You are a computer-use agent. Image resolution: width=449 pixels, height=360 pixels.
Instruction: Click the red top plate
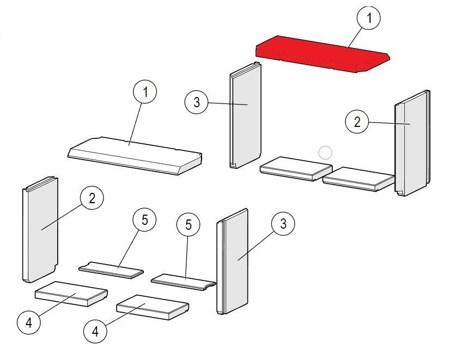(322, 54)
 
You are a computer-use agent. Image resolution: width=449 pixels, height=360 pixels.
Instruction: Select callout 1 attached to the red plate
(368, 18)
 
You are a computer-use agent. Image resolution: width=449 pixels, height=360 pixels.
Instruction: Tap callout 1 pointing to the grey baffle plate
(145, 91)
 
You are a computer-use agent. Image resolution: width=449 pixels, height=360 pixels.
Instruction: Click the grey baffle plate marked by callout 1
(135, 155)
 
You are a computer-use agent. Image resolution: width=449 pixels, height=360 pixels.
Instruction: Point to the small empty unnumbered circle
(325, 152)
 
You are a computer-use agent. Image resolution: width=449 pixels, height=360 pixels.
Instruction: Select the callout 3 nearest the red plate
(196, 102)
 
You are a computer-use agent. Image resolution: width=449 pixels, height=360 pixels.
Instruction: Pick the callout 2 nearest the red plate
(357, 121)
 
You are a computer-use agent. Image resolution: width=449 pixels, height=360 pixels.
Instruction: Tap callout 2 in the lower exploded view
(92, 198)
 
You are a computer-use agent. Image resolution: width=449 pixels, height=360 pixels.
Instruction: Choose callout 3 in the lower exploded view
(283, 223)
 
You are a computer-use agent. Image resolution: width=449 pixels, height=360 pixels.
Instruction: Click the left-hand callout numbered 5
(144, 220)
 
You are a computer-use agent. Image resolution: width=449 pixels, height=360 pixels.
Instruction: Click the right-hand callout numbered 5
(189, 224)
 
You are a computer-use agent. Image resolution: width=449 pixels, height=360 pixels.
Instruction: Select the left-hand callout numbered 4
(29, 322)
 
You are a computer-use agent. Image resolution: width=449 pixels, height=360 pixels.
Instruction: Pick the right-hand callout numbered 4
(95, 331)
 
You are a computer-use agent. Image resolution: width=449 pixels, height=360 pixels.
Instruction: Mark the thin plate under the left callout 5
(111, 270)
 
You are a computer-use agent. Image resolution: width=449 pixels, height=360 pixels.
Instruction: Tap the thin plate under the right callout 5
(183, 282)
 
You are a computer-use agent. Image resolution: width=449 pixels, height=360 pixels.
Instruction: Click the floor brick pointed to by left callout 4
(71, 294)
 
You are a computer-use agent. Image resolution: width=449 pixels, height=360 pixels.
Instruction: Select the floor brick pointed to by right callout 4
(153, 307)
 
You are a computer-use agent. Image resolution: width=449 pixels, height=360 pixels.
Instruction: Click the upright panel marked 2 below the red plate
(412, 143)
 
